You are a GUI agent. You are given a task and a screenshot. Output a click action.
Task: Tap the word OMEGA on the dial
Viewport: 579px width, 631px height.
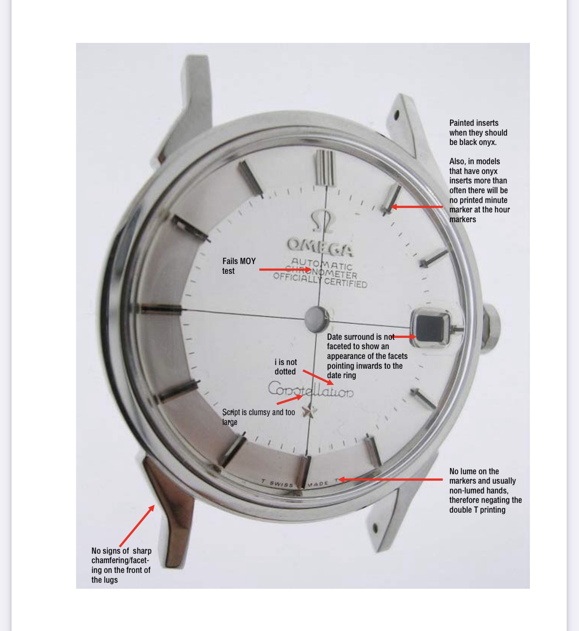[x=320, y=247]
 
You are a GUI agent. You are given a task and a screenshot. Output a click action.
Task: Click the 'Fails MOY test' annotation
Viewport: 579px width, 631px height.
[x=239, y=266]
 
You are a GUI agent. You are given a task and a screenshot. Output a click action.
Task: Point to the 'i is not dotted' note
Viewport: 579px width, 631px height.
[x=285, y=367]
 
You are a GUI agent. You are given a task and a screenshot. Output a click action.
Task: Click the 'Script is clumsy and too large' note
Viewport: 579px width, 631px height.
[x=259, y=417]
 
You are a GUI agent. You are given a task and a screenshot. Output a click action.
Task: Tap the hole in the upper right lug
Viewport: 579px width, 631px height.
[x=397, y=115]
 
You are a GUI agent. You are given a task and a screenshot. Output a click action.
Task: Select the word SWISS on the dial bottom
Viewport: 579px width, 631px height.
[x=282, y=484]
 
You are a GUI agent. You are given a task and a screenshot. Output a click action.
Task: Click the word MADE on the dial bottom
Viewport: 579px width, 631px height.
[x=317, y=484]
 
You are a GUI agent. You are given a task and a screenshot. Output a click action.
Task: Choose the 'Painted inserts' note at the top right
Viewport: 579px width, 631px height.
[x=478, y=133]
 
